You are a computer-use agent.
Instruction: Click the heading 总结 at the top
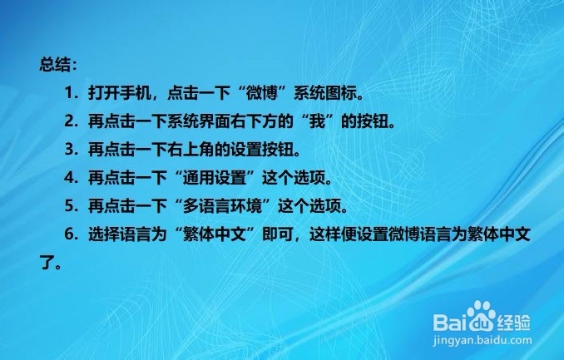click(54, 65)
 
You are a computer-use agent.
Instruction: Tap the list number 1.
click(69, 93)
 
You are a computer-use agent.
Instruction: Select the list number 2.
click(69, 121)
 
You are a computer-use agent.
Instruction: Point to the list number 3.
click(69, 150)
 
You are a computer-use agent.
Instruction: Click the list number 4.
click(69, 177)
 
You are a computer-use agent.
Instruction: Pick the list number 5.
click(69, 205)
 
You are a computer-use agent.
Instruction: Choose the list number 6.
click(69, 234)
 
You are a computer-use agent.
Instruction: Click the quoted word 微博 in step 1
click(262, 93)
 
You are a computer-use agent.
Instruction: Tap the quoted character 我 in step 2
click(317, 121)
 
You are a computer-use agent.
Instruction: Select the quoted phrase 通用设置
click(215, 177)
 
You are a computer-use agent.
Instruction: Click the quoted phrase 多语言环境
click(222, 205)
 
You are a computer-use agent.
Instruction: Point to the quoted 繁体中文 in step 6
click(215, 234)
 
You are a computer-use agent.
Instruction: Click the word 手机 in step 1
click(136, 93)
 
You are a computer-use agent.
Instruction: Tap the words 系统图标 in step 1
click(325, 93)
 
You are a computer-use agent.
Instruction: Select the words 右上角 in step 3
click(191, 150)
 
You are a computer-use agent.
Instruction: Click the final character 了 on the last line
click(47, 262)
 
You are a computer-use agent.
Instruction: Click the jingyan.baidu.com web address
click(482, 340)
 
